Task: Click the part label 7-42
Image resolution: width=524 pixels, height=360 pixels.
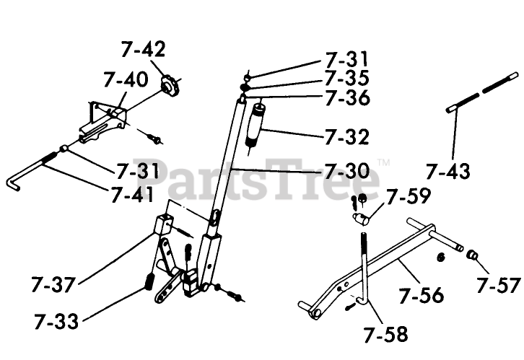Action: [x=143, y=51]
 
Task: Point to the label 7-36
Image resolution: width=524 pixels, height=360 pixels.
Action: [x=346, y=97]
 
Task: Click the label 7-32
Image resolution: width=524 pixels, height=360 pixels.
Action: [x=346, y=136]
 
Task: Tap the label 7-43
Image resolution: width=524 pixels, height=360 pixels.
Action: [x=447, y=172]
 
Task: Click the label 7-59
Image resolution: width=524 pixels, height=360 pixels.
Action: [x=408, y=196]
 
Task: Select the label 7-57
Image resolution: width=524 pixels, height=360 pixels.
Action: [x=498, y=286]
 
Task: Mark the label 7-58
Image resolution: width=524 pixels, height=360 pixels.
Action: [x=385, y=333]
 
